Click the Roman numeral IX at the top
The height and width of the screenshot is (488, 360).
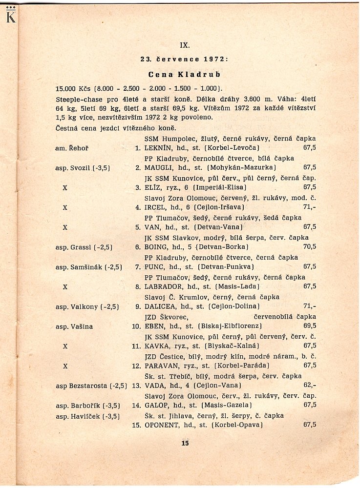click(x=184, y=45)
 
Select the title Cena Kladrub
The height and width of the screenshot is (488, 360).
click(x=184, y=75)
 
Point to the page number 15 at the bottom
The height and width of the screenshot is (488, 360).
click(x=184, y=443)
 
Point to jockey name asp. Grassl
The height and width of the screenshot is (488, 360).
click(x=72, y=246)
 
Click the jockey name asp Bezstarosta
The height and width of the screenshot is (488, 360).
click(x=81, y=386)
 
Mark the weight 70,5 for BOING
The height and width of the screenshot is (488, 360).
click(x=309, y=246)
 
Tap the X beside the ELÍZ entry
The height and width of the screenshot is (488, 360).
click(x=64, y=187)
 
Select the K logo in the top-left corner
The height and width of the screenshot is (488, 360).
click(x=10, y=17)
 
